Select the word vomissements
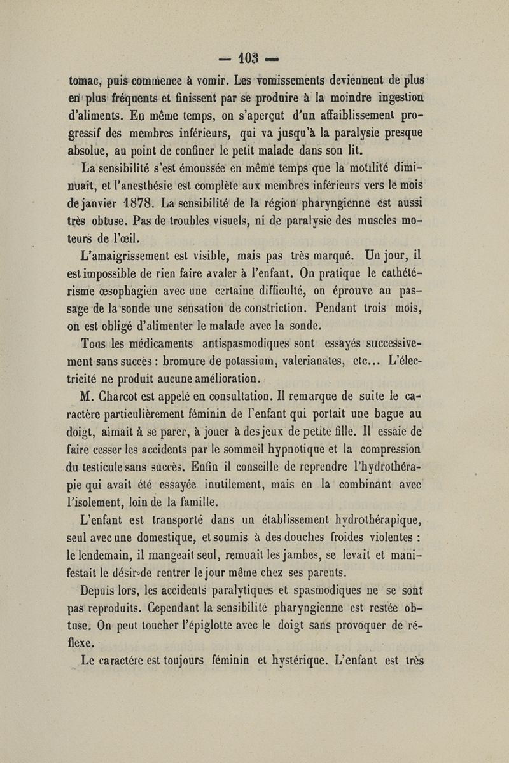tap(261, 82)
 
